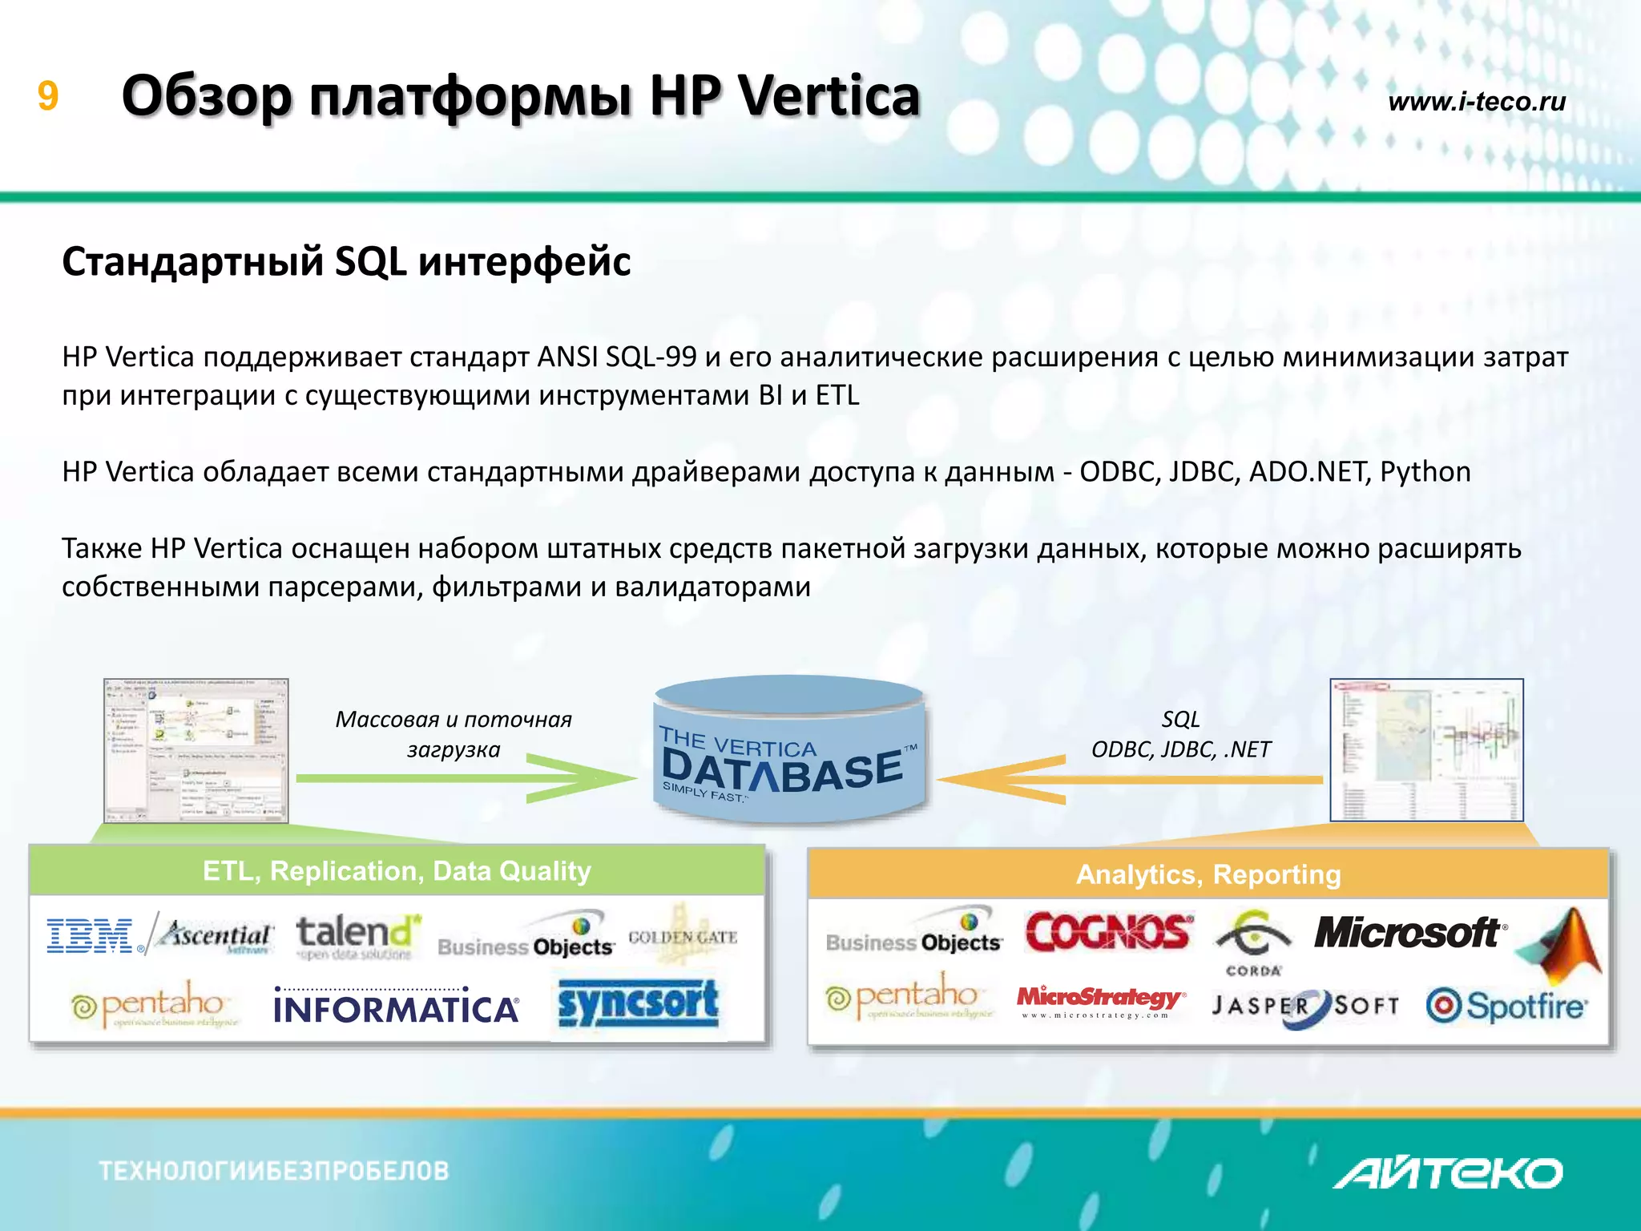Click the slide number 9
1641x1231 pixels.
pyautogui.click(x=48, y=97)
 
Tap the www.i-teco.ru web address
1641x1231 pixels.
pyautogui.click(x=1476, y=102)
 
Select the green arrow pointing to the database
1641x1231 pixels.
pyautogui.click(x=465, y=778)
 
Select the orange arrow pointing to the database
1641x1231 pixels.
pyautogui.click(x=1122, y=779)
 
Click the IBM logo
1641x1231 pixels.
pyautogui.click(x=91, y=936)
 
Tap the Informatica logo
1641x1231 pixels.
pyautogui.click(x=396, y=1007)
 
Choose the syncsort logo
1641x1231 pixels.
pyautogui.click(x=638, y=1005)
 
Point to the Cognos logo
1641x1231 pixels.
pyautogui.click(x=1109, y=933)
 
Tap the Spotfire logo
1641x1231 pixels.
pyautogui.click(x=1505, y=1007)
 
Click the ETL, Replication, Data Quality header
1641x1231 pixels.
pyautogui.click(x=397, y=871)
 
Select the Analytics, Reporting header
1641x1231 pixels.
pyautogui.click(x=1208, y=874)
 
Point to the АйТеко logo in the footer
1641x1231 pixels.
pyautogui.click(x=1447, y=1173)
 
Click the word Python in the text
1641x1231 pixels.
pyautogui.click(x=1425, y=472)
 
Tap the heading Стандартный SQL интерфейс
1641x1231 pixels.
pyautogui.click(x=346, y=262)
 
